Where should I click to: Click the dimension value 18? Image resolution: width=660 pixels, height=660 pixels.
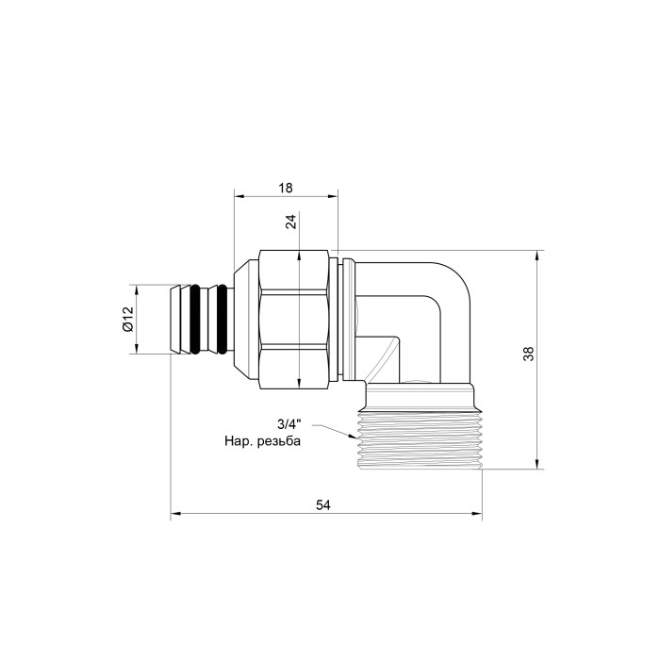point(286,188)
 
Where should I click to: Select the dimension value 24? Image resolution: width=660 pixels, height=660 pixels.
point(290,222)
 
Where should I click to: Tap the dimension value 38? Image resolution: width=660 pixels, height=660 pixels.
point(528,354)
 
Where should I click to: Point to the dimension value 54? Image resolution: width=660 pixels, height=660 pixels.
point(323,504)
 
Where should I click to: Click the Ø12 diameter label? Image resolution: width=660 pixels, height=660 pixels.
point(128,319)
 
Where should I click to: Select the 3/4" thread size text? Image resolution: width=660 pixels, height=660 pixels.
point(289,423)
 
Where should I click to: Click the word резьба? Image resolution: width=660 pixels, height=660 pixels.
point(279,441)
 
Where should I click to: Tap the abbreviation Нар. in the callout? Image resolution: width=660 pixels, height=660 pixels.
point(239,441)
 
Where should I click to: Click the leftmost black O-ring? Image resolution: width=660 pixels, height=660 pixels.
point(195,319)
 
